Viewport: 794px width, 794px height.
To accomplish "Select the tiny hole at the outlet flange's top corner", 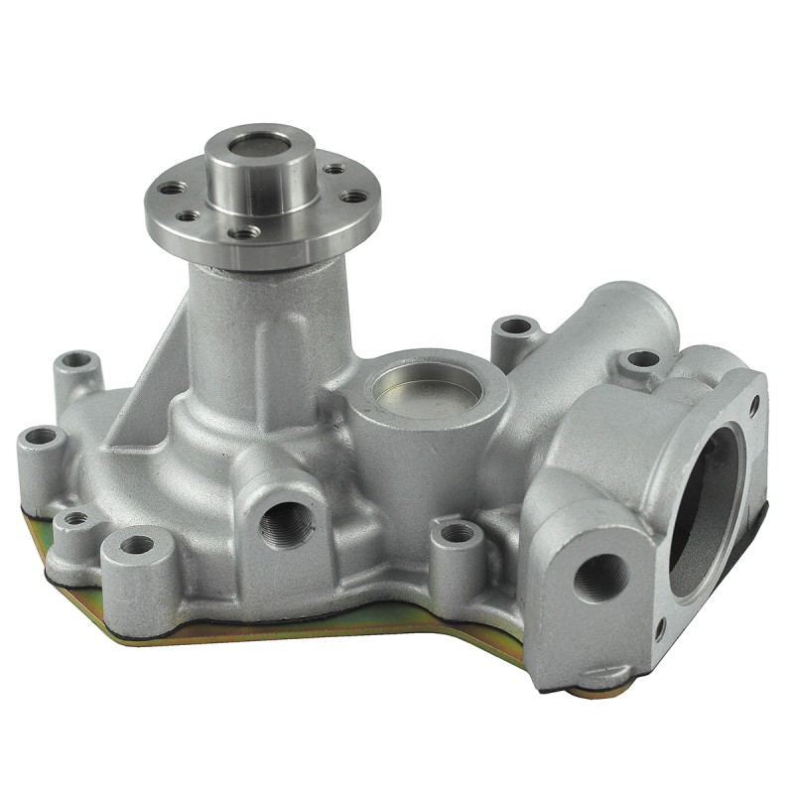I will (x=754, y=404).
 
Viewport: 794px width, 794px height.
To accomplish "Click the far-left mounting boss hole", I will (x=43, y=436).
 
